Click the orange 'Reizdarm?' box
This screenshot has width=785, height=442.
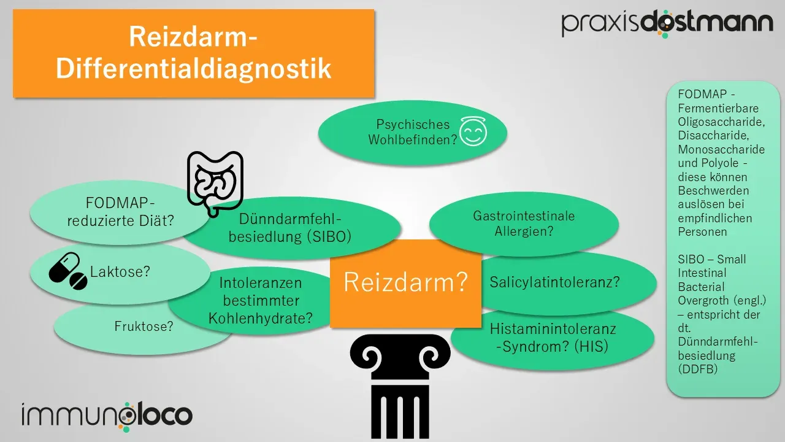405,282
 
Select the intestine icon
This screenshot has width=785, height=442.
215,182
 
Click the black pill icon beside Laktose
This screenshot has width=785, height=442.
67,271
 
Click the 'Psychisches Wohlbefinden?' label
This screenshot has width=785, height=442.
413,132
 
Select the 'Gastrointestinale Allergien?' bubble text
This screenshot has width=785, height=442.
524,223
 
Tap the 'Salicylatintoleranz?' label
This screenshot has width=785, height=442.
554,282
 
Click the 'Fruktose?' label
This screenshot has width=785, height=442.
144,327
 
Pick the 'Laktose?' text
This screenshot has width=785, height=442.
120,271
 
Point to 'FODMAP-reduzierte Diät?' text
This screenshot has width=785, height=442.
121,211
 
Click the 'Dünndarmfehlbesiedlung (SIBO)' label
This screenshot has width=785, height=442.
289,228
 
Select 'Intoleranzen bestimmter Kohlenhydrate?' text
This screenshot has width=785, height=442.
261,301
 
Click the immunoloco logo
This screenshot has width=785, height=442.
107,415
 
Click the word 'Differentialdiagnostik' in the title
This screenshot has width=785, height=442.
193,69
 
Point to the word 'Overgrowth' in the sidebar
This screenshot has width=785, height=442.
703,301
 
